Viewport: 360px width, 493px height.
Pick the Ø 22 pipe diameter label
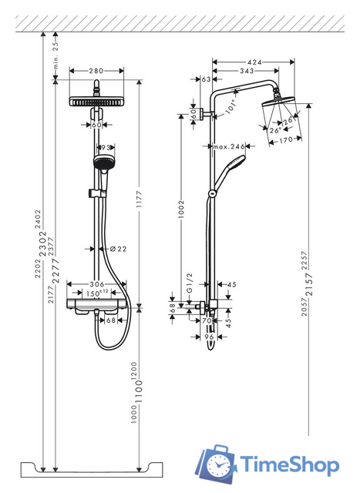(118, 247)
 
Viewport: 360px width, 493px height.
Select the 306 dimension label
(96, 283)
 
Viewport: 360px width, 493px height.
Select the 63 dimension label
(207, 79)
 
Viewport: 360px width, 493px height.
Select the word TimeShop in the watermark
(289, 466)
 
